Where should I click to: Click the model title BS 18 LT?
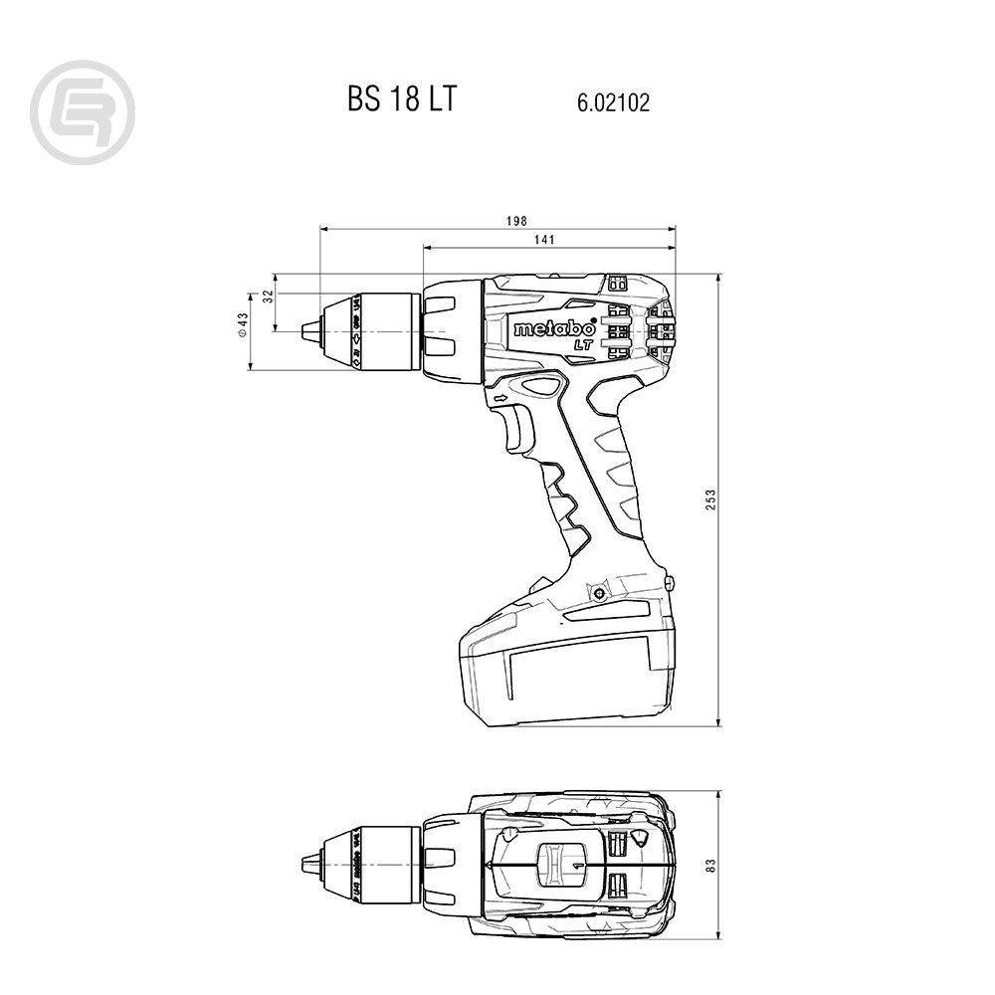[x=402, y=100]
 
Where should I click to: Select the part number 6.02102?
[x=612, y=102]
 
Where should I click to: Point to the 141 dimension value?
[x=544, y=240]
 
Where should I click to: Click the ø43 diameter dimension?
[x=242, y=327]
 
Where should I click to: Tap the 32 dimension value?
[x=267, y=297]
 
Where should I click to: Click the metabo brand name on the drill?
[x=554, y=328]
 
